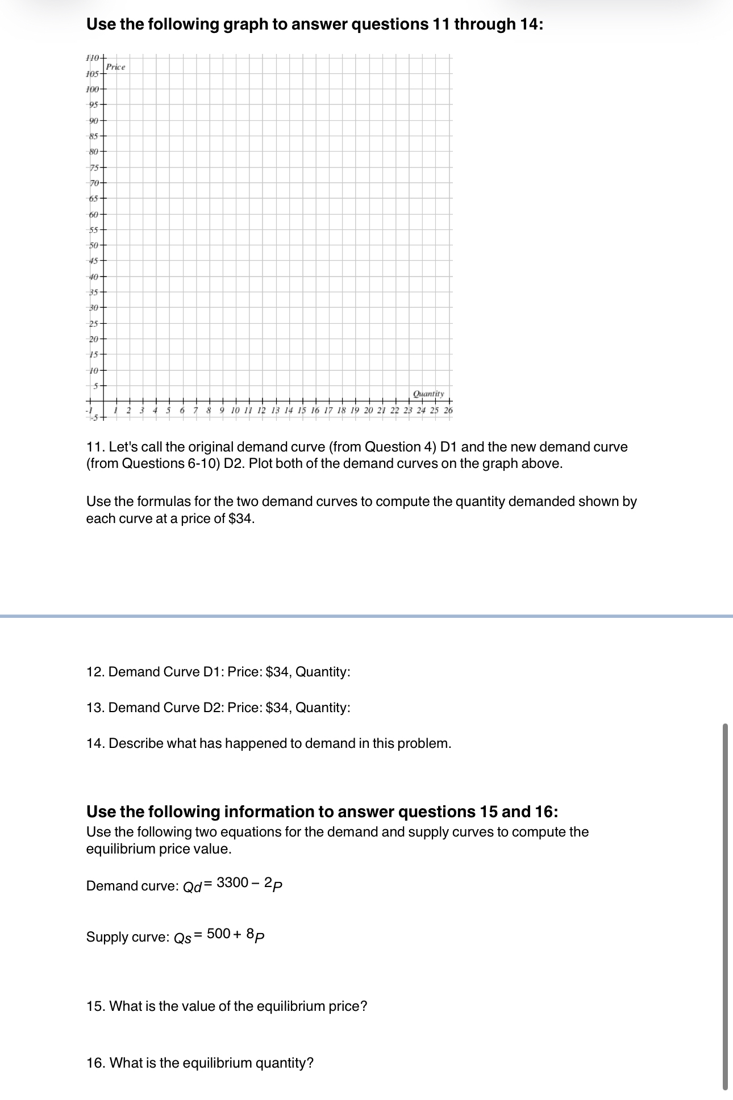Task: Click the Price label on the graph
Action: coord(115,67)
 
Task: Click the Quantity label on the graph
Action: coord(428,394)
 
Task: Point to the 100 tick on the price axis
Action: coord(92,89)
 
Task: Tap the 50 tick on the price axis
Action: coord(94,245)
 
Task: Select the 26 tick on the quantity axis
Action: coord(448,410)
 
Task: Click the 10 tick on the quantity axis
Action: coord(235,410)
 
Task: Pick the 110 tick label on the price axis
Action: coord(92,58)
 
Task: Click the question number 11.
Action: coord(94,447)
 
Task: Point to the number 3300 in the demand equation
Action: coord(232,882)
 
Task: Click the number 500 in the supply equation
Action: coord(218,934)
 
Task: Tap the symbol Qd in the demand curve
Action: coord(192,887)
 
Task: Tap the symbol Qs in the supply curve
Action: coord(182,938)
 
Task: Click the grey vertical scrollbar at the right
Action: coord(724,906)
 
